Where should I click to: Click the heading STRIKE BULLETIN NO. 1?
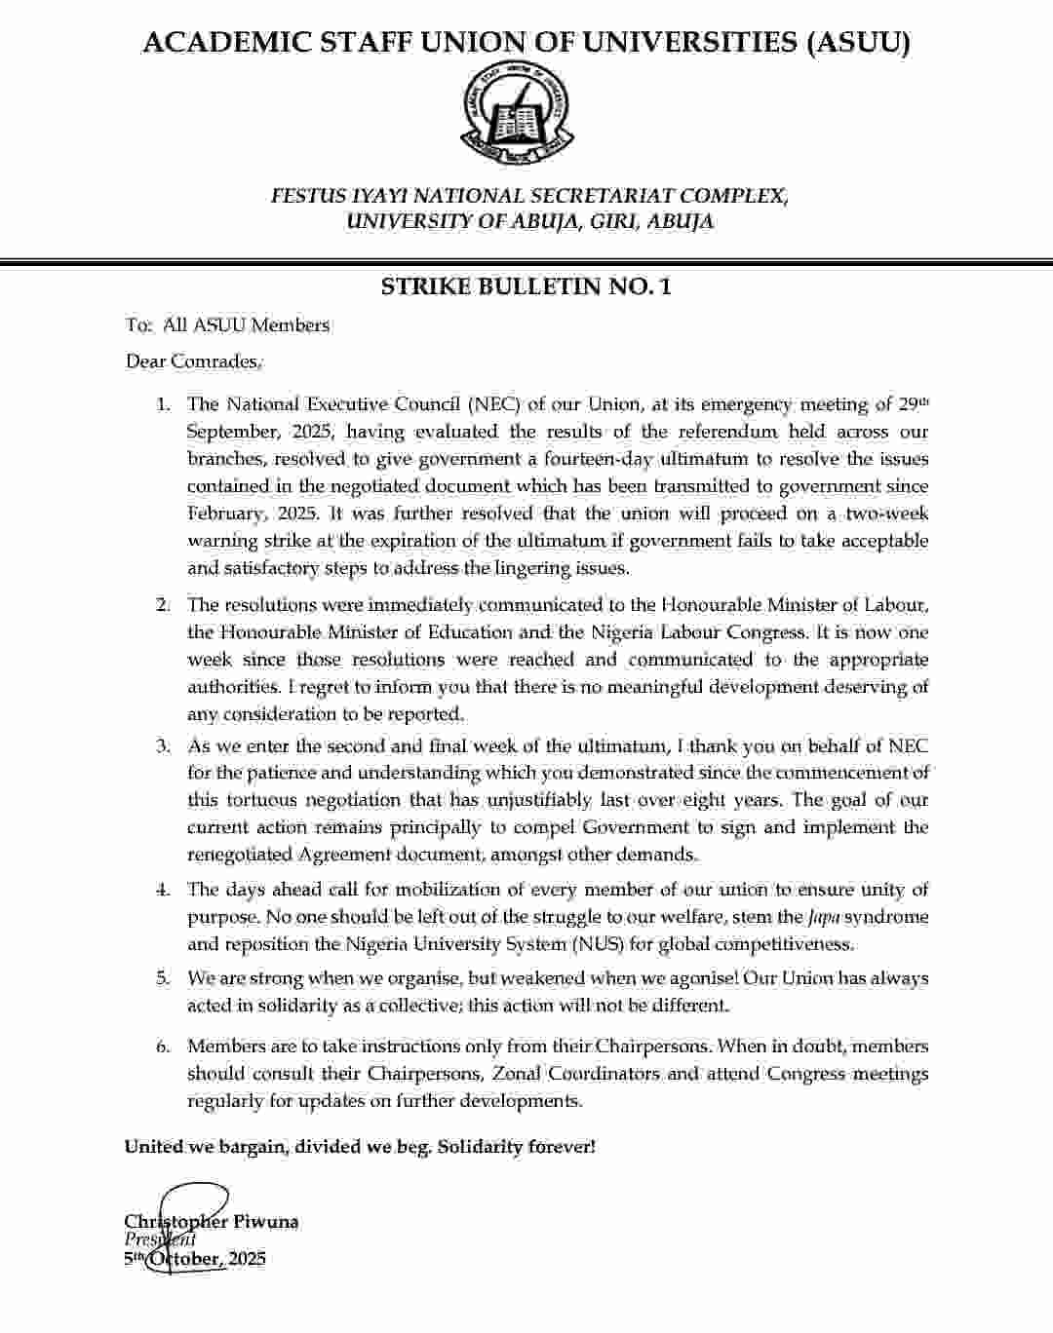526,286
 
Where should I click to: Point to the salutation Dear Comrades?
193,362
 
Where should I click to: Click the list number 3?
164,746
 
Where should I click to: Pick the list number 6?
164,1047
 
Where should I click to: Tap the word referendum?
722,432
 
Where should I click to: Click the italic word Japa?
823,917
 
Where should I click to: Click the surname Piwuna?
266,1222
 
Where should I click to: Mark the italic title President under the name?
160,1239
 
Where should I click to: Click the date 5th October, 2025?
195,1259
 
